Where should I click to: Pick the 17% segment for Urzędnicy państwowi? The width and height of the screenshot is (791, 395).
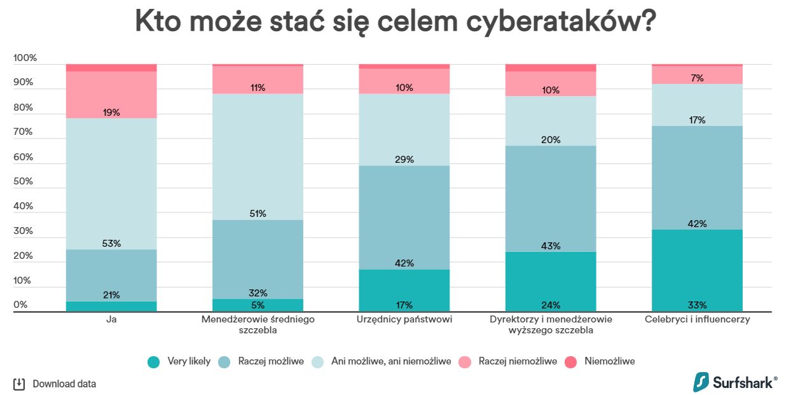[x=404, y=291]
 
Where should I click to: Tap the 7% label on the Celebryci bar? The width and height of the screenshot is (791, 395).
[x=697, y=78]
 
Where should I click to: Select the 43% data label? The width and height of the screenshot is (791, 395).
[x=551, y=246]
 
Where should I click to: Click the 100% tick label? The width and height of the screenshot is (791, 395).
[x=25, y=58]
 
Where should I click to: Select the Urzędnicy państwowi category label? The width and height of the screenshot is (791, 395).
[x=404, y=319]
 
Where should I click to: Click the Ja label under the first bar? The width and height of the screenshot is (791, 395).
[x=111, y=319]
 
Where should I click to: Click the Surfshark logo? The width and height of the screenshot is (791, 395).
[x=734, y=382]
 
